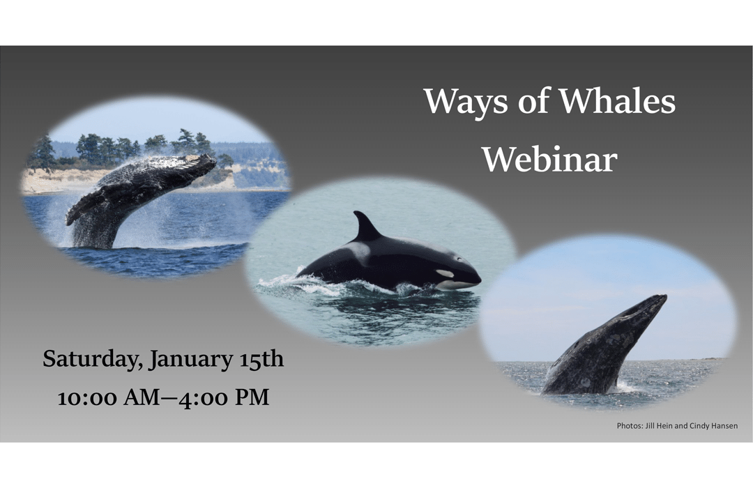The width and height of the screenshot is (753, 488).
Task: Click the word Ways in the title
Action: pos(465,102)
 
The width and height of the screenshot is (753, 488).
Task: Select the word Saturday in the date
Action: pos(93,360)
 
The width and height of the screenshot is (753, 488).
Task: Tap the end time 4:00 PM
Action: pos(224,397)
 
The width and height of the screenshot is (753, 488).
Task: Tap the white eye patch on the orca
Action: pos(445,274)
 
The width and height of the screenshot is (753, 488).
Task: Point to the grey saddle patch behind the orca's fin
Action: pos(359,251)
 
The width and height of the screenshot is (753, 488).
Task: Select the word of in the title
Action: pos(533,101)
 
